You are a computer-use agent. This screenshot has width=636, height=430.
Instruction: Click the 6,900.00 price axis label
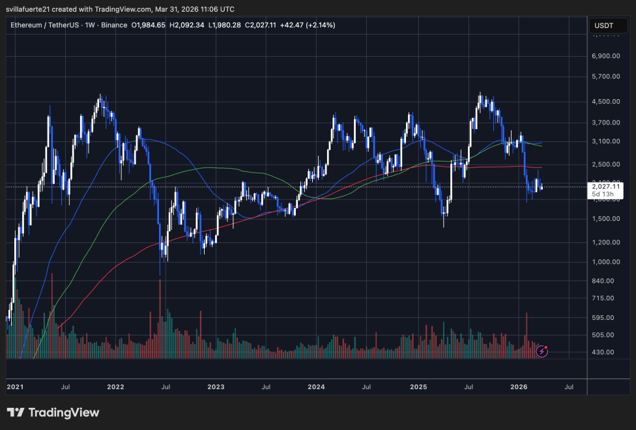click(605, 57)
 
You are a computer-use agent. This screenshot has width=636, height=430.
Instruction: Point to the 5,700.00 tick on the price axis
click(605, 76)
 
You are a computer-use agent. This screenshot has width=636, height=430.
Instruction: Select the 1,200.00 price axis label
click(605, 242)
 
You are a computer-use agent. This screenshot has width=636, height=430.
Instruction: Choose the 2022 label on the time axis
click(115, 387)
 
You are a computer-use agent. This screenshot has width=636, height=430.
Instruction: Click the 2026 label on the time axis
click(519, 387)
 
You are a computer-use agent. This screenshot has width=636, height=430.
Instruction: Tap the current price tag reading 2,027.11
click(605, 186)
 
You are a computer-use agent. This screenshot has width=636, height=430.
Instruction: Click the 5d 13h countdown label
click(602, 194)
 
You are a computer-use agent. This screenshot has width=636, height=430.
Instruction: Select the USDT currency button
click(603, 26)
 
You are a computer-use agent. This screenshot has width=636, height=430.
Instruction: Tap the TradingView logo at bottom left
click(53, 412)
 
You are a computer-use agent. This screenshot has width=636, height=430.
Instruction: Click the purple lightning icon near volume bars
click(542, 352)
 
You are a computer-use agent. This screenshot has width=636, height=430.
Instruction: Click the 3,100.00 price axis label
click(605, 141)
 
